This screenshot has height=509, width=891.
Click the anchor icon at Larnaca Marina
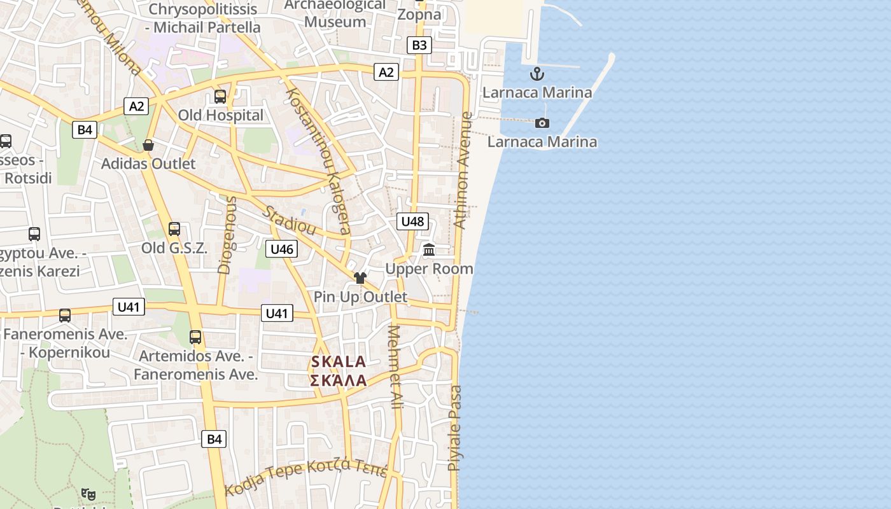tap(538, 74)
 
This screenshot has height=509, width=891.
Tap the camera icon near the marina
tap(542, 123)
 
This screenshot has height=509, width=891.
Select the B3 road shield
tap(419, 45)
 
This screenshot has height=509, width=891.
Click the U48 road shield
tap(412, 221)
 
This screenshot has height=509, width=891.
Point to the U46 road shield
tap(281, 249)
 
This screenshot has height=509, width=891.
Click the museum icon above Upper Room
tap(429, 249)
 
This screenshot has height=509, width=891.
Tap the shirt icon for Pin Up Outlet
tap(360, 277)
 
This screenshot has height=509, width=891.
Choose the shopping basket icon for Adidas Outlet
tap(148, 145)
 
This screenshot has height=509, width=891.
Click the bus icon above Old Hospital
tap(220, 97)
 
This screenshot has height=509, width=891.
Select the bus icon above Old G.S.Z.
tap(174, 229)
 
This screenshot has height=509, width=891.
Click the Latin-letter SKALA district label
tap(339, 362)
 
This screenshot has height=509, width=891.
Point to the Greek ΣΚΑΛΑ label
tap(339, 381)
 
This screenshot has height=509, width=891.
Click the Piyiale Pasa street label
tap(455, 428)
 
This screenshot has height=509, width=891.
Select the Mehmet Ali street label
tap(395, 367)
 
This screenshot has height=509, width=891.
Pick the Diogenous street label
tap(227, 235)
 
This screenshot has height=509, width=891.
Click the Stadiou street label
tap(290, 221)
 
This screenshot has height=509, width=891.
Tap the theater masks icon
tap(88, 493)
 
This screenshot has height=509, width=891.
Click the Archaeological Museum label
tap(335, 13)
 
